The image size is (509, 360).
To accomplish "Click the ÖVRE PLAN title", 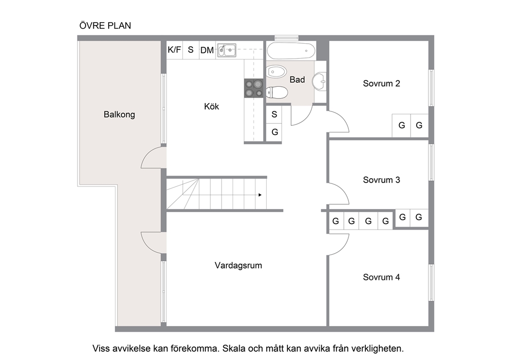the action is tap(105, 25).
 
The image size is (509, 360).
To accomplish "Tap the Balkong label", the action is tap(119, 115).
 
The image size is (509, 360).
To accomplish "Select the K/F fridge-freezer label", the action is tap(174, 50).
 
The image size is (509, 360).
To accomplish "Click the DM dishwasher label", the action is tap(207, 50).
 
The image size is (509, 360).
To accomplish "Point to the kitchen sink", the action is tap(227, 50).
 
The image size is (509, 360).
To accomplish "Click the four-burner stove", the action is tap(253, 88).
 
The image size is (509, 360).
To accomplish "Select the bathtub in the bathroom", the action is tap(291, 51).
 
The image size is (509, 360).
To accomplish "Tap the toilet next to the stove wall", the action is tap(276, 92).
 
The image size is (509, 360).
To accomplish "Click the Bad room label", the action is tap(297, 80).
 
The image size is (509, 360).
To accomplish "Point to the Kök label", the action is tap(211, 106).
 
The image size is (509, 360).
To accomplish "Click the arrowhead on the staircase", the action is tap(260, 195).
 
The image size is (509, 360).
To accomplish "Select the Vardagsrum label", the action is tap(238, 266).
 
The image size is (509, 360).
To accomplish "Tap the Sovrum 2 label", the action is tap(381, 84).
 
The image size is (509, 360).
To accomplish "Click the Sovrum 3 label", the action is tap(381, 180).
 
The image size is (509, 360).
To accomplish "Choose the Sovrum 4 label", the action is tap(381, 277).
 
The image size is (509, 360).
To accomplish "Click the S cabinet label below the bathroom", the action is tap(275, 115).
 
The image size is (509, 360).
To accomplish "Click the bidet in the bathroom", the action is tap(276, 71).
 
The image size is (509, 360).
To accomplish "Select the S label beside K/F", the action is tap(190, 50).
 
